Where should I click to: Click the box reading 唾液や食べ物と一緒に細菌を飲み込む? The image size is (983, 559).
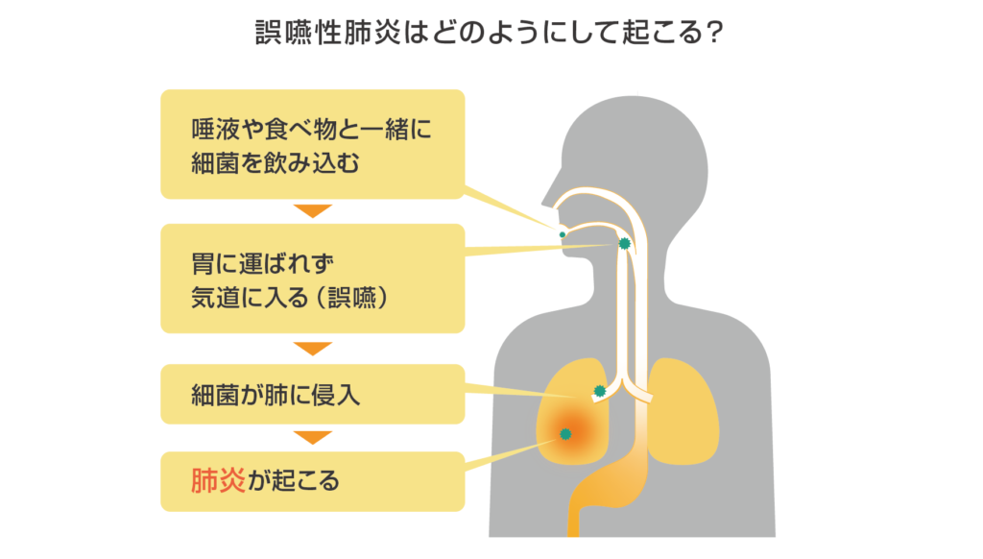[x=312, y=145]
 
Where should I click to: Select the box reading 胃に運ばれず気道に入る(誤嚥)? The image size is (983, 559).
[x=312, y=279]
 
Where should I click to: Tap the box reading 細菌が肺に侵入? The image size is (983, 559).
[x=312, y=394]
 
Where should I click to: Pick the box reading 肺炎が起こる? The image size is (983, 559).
[x=312, y=480]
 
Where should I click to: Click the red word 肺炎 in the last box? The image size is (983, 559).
[x=217, y=480]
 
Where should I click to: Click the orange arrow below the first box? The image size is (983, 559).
[x=312, y=211]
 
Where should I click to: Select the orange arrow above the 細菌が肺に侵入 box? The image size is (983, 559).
[x=312, y=348]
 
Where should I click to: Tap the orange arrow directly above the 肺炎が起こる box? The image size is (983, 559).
[x=312, y=438]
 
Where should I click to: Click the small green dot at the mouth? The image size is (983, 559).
[x=563, y=234]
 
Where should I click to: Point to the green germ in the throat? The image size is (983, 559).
[x=624, y=244]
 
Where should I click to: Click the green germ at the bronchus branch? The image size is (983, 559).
[x=600, y=391]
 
